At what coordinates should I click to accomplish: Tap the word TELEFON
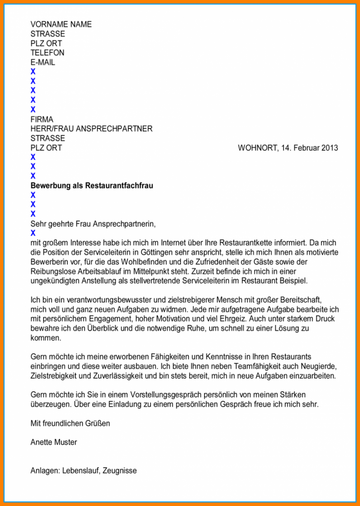tap(47, 53)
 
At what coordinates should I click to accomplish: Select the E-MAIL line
tap(43, 62)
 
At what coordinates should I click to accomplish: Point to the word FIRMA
tap(42, 119)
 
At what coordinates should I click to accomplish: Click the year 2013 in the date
tap(329, 148)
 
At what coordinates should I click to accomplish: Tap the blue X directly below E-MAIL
tap(33, 72)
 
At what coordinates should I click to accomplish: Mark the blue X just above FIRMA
tap(33, 110)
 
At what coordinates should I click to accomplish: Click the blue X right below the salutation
tap(33, 233)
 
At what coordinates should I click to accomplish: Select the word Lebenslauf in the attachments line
tap(80, 471)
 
